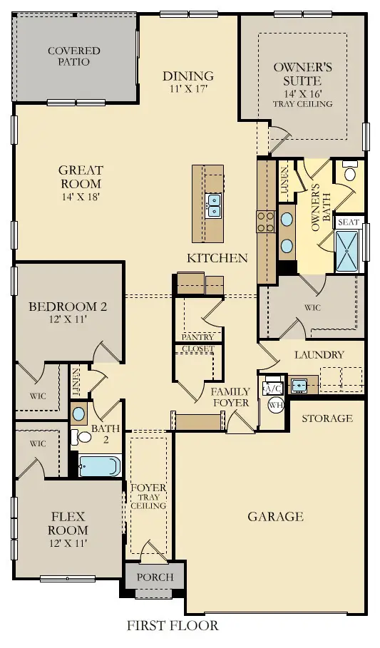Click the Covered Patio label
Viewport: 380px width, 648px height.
pyautogui.click(x=73, y=56)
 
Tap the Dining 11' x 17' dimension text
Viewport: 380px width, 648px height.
pyautogui.click(x=188, y=90)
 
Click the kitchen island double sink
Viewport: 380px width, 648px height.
pyautogui.click(x=213, y=205)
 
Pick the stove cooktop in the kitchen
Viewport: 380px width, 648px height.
pyautogui.click(x=266, y=222)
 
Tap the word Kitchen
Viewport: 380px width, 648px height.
pyautogui.click(x=217, y=258)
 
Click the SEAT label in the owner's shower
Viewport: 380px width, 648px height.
pyautogui.click(x=348, y=222)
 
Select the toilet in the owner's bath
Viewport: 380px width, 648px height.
pyautogui.click(x=350, y=173)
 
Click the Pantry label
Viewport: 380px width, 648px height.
pyautogui.click(x=198, y=336)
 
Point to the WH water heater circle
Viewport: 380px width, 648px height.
pyautogui.click(x=275, y=404)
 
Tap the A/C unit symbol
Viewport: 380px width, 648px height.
pyautogui.click(x=273, y=389)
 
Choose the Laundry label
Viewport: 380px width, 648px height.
pyautogui.click(x=319, y=354)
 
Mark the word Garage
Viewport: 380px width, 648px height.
pyautogui.click(x=275, y=517)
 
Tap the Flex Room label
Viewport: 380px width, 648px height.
pyautogui.click(x=69, y=523)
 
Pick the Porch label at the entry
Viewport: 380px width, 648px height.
pyautogui.click(x=155, y=577)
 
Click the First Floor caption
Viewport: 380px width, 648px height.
pyautogui.click(x=173, y=627)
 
